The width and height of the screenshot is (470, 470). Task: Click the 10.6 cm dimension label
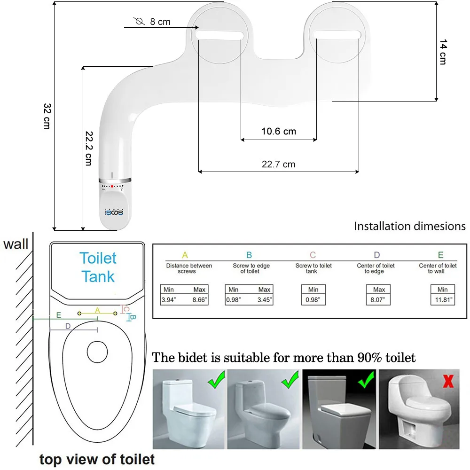279,131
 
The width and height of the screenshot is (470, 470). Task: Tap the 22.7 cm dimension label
279,164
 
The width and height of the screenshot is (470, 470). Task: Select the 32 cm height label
47,116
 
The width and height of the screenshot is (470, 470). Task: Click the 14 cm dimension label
442,52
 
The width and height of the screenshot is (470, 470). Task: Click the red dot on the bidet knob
112,187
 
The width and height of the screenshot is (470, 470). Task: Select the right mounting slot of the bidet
337,34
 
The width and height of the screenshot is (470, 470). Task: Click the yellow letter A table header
185,255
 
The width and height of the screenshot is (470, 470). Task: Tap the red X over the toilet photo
448,381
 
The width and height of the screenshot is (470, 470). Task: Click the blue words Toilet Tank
97,267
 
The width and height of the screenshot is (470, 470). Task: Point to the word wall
16,244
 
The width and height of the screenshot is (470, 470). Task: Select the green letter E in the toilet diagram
58,315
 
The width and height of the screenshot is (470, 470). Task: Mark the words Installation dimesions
409,226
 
